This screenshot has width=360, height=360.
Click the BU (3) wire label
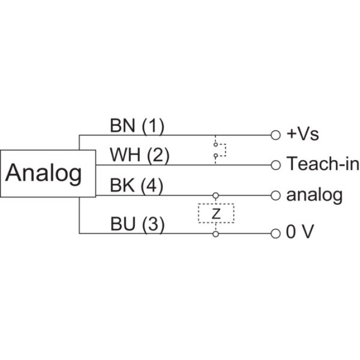[x=137, y=224]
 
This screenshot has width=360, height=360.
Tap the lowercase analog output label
[x=314, y=195]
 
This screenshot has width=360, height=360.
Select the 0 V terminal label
[x=299, y=233]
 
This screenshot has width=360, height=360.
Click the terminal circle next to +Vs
[x=275, y=135]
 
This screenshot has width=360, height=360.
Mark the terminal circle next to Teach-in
[x=275, y=165]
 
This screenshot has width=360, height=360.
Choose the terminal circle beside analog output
[x=275, y=195]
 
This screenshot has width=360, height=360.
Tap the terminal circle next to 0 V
[x=275, y=233]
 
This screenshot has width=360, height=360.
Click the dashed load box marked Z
[x=215, y=214]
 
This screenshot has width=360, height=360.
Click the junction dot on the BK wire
[x=215, y=195]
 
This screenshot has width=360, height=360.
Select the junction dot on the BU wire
[x=215, y=233]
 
